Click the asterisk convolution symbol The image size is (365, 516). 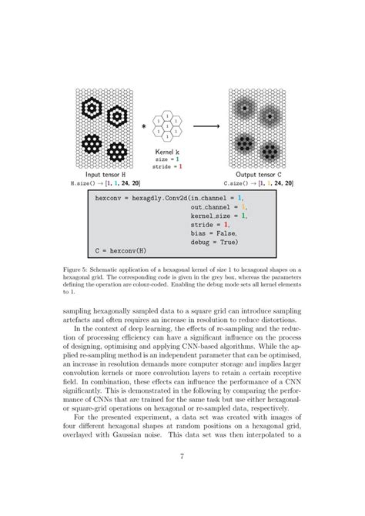click(143, 123)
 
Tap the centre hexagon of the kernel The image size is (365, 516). click(169, 122)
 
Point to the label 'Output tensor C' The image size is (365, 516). click(257, 176)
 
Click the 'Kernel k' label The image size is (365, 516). click(169, 151)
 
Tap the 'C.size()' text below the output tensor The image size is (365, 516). click(237, 185)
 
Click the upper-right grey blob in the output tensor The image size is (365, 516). click(272, 116)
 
